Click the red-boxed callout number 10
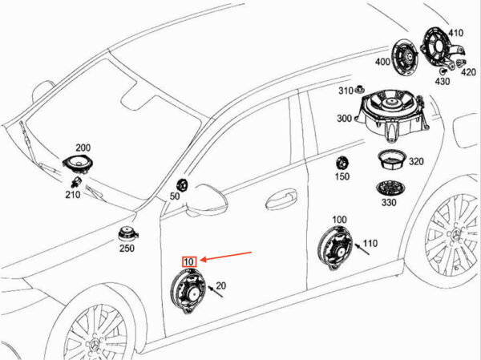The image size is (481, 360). point(190,262)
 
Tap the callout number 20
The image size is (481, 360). point(221,285)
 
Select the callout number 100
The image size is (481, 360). point(339,219)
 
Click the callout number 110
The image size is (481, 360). point(370,243)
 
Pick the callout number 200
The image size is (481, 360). point(83,148)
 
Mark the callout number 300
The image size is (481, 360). point(344,119)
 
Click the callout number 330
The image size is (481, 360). point(390,203)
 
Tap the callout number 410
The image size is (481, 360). point(455,33)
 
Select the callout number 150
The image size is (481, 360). point(342,176)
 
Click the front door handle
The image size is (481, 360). point(281,195)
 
